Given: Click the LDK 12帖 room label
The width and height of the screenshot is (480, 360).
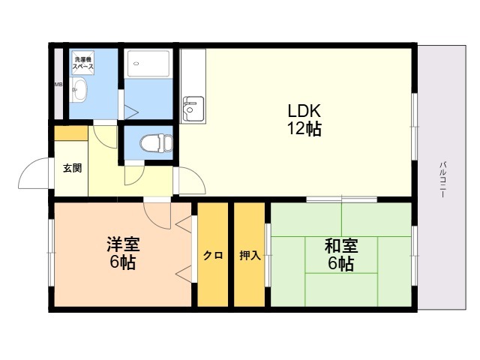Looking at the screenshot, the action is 304,120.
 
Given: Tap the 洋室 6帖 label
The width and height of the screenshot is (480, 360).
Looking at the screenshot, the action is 123,253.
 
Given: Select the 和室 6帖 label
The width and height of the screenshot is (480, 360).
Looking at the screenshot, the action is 341,254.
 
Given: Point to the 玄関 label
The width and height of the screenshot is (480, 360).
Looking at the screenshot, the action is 73,168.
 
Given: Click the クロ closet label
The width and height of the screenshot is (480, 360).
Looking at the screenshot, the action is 213,255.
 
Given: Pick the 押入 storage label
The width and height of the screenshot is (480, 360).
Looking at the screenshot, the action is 250,255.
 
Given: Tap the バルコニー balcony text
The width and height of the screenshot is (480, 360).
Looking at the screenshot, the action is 442,179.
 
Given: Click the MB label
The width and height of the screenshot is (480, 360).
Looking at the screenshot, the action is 58,84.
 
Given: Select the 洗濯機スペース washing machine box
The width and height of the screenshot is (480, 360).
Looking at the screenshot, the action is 83,62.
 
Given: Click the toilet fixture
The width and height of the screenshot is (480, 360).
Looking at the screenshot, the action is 157,143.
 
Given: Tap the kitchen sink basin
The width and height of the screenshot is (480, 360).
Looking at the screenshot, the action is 193,109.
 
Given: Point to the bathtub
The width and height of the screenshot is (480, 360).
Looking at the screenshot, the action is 148,63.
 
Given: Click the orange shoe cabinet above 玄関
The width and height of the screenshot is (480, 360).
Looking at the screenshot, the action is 71,133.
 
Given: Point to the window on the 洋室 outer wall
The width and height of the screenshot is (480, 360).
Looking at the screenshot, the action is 51,253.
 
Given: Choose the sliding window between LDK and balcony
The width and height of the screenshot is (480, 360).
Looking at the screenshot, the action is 414,127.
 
